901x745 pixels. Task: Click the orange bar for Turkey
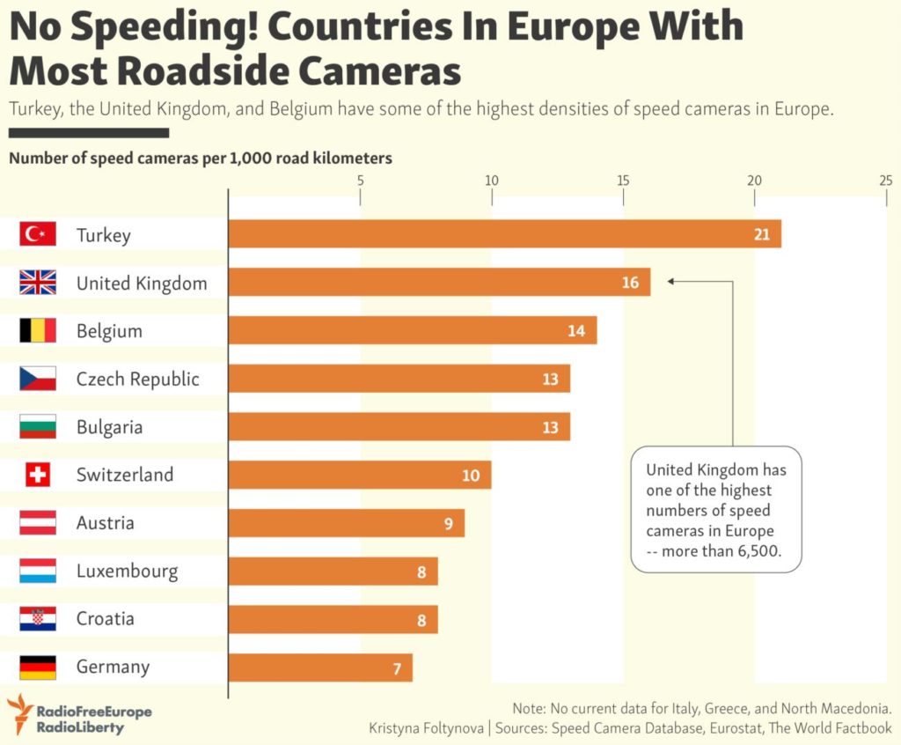click(x=504, y=234)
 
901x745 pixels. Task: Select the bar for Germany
click(x=320, y=668)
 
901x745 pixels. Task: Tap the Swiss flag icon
click(x=38, y=476)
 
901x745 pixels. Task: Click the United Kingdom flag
click(x=38, y=283)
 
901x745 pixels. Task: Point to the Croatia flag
click(x=38, y=619)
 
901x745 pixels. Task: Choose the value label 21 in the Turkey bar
click(x=761, y=234)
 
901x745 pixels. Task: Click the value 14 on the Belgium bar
click(x=576, y=331)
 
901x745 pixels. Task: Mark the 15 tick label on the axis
click(x=623, y=181)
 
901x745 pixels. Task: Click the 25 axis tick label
click(x=885, y=181)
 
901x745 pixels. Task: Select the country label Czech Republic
click(x=137, y=380)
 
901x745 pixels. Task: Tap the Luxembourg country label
click(x=127, y=572)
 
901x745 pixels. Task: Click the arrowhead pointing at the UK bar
click(x=670, y=283)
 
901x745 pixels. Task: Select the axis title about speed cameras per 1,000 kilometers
click(x=201, y=159)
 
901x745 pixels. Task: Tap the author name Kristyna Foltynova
click(x=425, y=728)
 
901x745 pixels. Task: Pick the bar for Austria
click(x=346, y=523)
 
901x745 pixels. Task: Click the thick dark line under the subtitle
click(x=88, y=134)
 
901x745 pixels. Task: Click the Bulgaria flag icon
click(x=38, y=427)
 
